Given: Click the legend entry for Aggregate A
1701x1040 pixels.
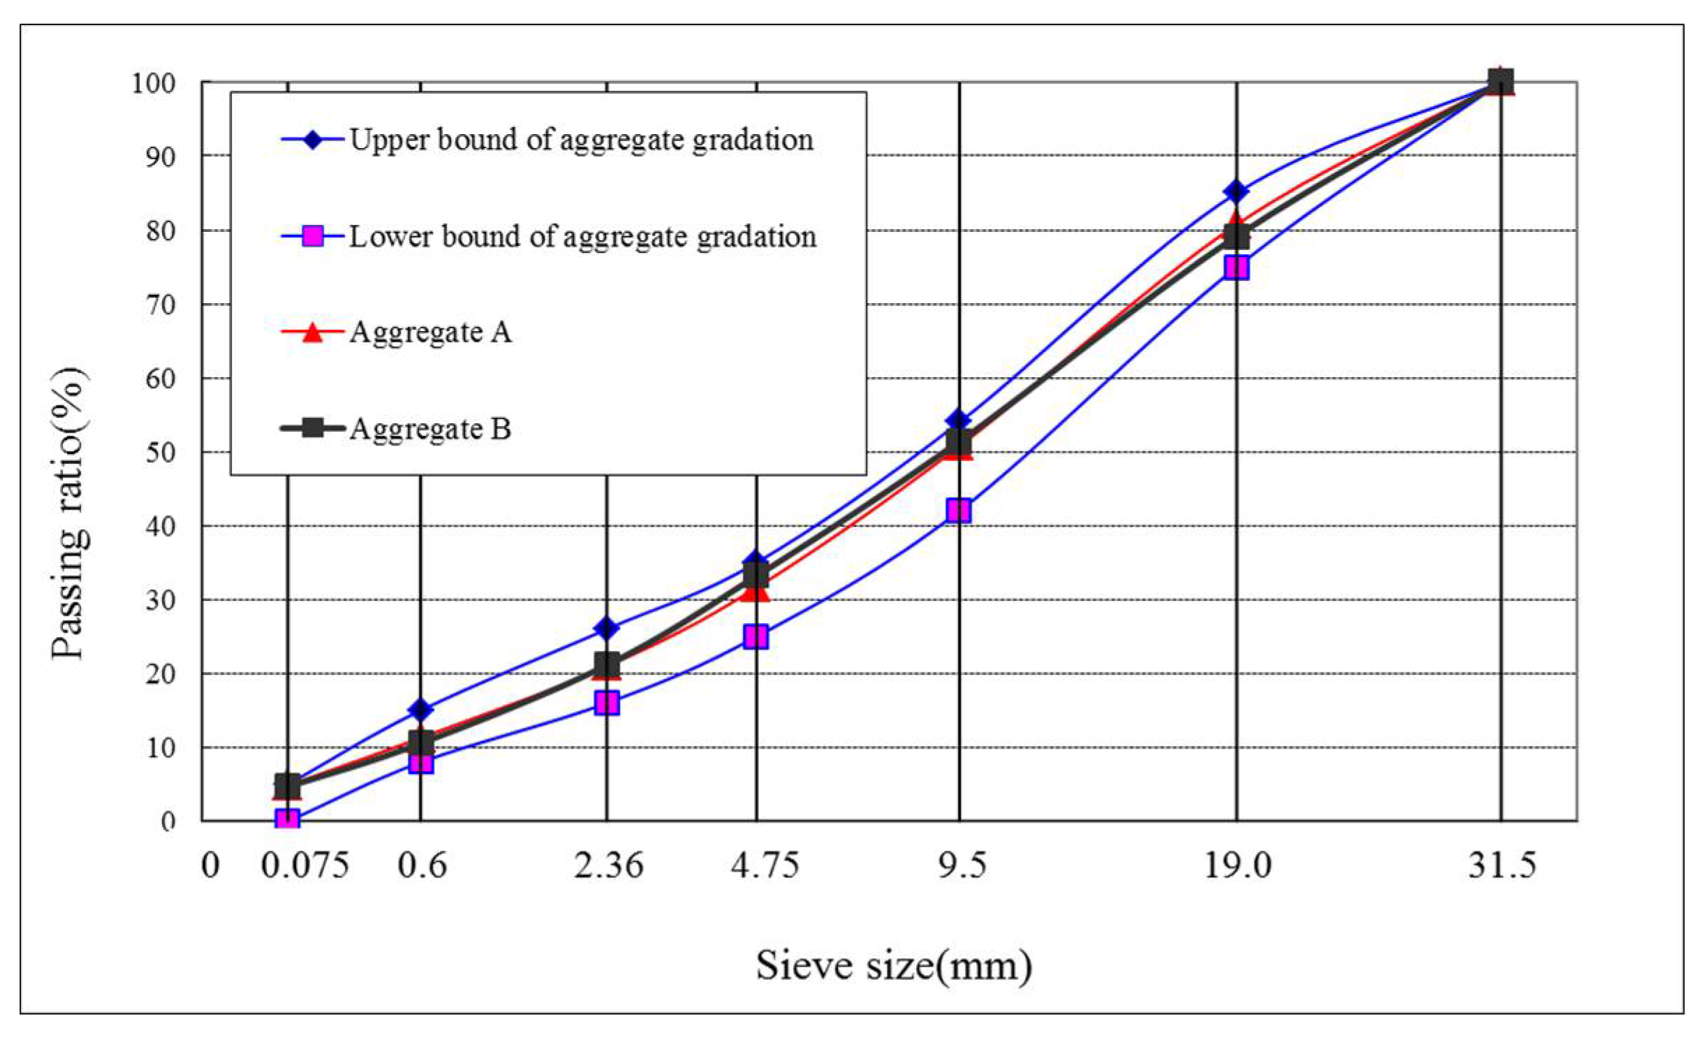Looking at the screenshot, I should [430, 332].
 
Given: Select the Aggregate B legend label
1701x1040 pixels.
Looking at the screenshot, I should [430, 428].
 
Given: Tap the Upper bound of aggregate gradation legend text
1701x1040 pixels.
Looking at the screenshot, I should [581, 140].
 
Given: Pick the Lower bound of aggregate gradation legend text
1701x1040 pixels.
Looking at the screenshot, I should [582, 237].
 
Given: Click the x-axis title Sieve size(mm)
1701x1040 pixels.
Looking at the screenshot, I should [893, 966].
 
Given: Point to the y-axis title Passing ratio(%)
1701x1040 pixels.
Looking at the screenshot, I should [72, 514].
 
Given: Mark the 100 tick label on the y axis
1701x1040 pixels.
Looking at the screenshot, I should [152, 83].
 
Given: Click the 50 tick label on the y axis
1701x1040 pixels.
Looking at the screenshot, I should [159, 452].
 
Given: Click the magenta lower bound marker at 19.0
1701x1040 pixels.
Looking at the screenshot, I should [1237, 268].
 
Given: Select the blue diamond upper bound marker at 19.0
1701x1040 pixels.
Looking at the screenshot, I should [1237, 190].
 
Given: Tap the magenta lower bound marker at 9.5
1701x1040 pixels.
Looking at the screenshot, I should [959, 511].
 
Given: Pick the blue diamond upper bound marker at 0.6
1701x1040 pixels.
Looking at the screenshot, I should [420, 710].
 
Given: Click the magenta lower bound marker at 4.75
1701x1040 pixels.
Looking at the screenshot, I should [756, 636].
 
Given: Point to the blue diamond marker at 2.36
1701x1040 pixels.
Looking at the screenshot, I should [606, 629].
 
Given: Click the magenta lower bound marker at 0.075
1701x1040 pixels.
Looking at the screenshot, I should [287, 819].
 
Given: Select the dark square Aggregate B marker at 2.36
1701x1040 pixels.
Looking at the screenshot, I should [607, 663].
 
